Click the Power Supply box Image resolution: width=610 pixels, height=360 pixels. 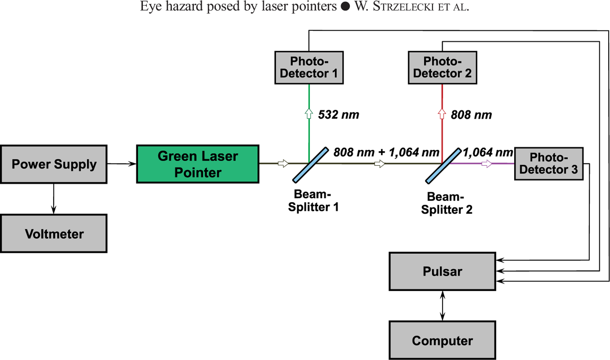point(54,164)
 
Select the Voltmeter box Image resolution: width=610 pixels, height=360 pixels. point(54,234)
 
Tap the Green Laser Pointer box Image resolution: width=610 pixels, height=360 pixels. point(198,164)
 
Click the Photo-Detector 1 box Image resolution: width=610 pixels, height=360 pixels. point(309,67)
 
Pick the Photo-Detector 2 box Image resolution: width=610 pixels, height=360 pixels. point(442,67)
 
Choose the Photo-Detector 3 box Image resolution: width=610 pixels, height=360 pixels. point(549,164)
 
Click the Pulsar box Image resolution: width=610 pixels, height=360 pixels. point(442,272)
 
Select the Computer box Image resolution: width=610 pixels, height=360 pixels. point(442,340)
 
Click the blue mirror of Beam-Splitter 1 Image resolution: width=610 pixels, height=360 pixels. point(310,165)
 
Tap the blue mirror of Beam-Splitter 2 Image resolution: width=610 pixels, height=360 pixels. point(443,166)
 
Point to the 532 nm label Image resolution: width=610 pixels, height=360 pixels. point(339,115)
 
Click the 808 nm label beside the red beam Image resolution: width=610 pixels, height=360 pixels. point(471,115)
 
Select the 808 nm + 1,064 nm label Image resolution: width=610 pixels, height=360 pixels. point(386,152)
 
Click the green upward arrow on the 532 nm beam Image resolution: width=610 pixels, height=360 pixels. point(309,114)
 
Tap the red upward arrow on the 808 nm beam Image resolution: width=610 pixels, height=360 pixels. point(442,114)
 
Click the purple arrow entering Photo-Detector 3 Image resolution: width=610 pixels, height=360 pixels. point(487,164)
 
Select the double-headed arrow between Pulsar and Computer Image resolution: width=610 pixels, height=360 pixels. point(442,305)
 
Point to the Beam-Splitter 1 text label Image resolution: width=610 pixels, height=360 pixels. point(313,200)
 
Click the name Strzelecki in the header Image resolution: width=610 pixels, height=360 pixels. point(403,7)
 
